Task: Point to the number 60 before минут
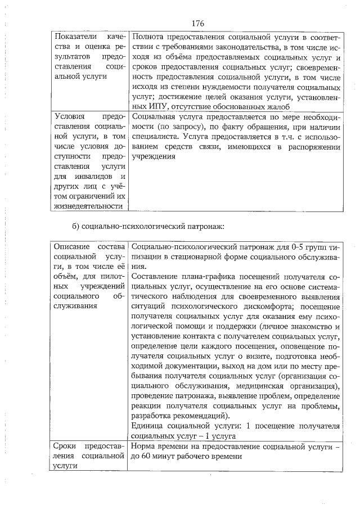click(x=147, y=456)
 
